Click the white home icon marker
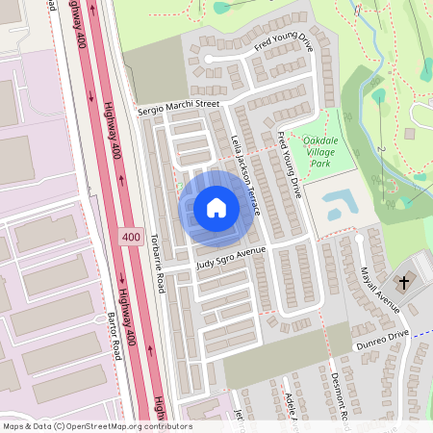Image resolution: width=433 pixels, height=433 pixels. (x=216, y=207)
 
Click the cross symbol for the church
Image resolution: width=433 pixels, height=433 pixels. (x=404, y=283)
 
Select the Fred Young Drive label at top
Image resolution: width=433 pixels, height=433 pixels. (x=284, y=44)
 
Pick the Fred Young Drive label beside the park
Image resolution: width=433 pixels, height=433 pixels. (x=290, y=165)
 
